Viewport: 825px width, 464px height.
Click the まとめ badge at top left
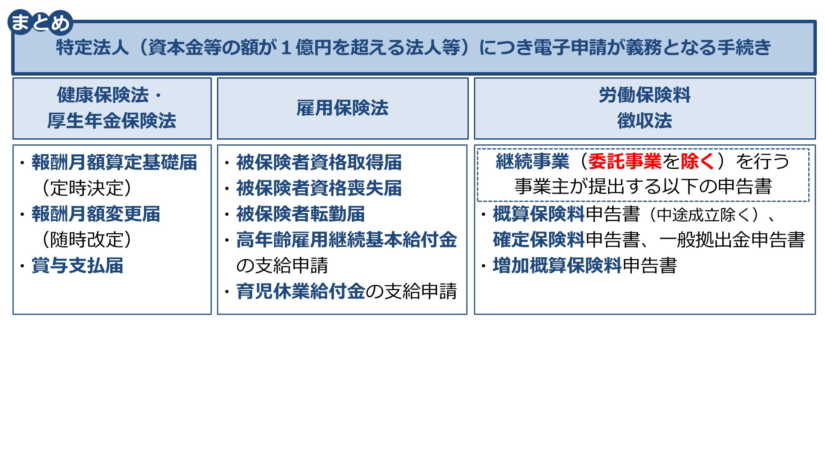(x=40, y=22)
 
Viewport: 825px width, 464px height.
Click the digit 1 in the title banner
(x=286, y=47)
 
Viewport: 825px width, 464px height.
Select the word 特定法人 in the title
(x=92, y=47)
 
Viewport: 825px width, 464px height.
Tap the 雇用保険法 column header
(x=342, y=108)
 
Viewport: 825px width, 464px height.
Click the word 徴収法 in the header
(x=645, y=121)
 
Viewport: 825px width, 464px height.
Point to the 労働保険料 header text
(x=645, y=95)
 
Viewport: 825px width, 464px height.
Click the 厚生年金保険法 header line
(x=112, y=121)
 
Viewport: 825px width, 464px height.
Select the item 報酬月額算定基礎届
(x=114, y=162)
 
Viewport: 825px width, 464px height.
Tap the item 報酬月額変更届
(x=96, y=214)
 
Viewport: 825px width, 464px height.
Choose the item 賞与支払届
(x=77, y=266)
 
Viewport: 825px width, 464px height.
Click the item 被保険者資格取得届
(x=319, y=162)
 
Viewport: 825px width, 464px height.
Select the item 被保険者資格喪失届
(x=319, y=188)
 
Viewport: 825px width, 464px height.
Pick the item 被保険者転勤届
(x=300, y=214)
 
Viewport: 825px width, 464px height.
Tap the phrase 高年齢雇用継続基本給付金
(x=346, y=240)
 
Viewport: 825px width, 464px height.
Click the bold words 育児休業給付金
(x=300, y=291)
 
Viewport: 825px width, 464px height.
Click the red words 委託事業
(x=625, y=162)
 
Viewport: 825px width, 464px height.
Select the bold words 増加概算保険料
(x=557, y=266)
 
